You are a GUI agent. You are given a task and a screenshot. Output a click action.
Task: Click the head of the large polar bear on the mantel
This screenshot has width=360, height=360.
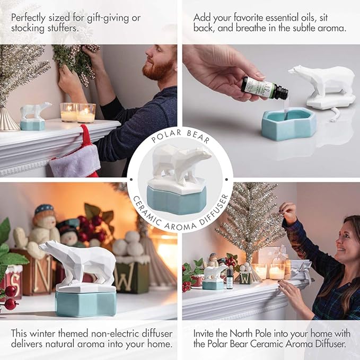click(x=49, y=247)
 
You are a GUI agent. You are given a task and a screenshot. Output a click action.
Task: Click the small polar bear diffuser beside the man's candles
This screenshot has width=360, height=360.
click(x=34, y=116)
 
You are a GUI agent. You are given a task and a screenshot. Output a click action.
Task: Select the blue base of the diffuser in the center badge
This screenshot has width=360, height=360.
click(x=177, y=200)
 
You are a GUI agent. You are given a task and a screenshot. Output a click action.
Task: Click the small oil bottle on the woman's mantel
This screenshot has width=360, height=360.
click(x=229, y=279)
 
